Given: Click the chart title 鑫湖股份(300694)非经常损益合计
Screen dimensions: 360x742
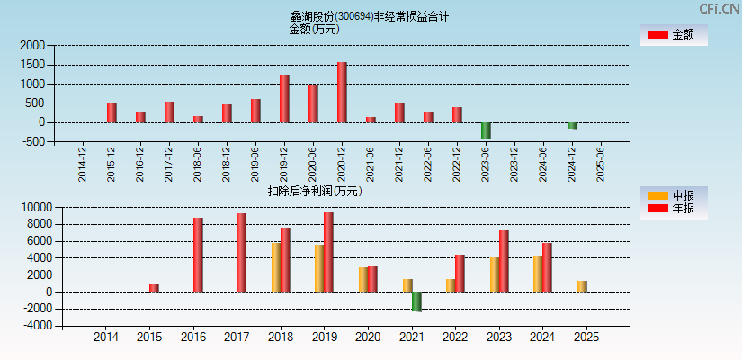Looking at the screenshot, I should click(x=369, y=16).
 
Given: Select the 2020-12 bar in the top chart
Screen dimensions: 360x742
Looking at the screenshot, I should click(x=342, y=93).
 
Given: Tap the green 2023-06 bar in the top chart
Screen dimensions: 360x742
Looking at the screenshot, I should click(x=486, y=130).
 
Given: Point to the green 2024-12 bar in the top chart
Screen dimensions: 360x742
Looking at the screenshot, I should click(x=572, y=126).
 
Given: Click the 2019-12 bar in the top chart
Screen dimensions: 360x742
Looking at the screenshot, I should click(x=284, y=99).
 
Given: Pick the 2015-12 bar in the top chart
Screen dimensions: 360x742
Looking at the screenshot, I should click(x=112, y=112).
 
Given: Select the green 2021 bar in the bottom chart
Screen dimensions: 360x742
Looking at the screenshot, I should click(x=416, y=301).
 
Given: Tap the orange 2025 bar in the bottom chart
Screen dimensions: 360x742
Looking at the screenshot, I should click(x=582, y=286).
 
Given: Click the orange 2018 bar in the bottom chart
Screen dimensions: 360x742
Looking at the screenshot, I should click(x=276, y=267).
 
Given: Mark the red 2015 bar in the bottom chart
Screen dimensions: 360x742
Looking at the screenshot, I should click(x=154, y=288).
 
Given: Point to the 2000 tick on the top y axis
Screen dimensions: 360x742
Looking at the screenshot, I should click(x=32, y=45).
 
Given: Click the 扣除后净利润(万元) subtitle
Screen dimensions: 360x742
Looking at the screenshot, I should click(x=315, y=191).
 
